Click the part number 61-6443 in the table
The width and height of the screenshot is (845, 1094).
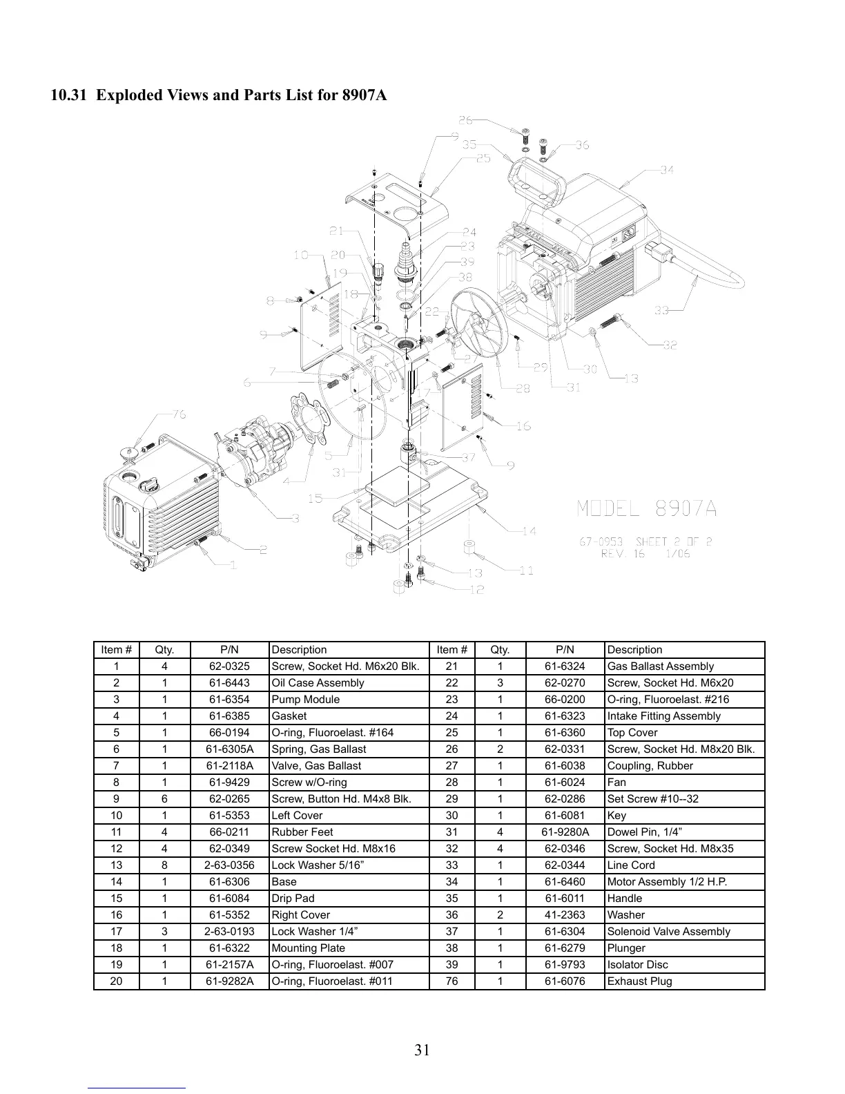(229, 683)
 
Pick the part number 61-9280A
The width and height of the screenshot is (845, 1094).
(565, 832)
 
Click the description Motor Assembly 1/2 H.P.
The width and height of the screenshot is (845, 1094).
(667, 882)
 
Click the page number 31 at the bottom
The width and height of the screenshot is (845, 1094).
(422, 1050)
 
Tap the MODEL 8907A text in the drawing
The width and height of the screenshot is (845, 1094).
(646, 509)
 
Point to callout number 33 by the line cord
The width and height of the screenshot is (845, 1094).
(662, 310)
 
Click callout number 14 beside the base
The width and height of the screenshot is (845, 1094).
(529, 531)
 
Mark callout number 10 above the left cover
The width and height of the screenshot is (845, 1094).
(300, 255)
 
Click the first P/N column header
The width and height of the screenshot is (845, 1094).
(229, 650)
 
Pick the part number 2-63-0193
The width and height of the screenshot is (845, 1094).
(229, 932)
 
